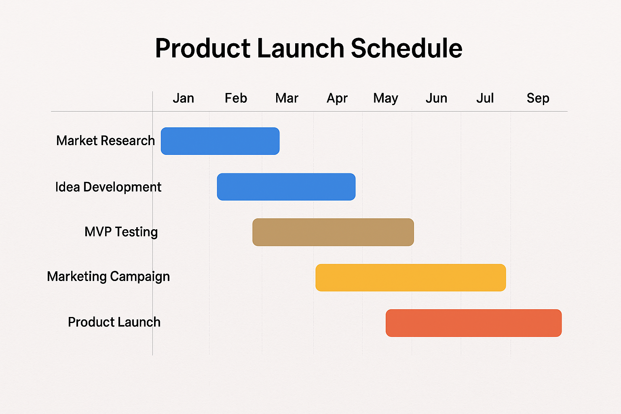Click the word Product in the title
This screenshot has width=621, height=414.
tap(203, 48)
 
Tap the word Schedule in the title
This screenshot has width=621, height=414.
tap(406, 48)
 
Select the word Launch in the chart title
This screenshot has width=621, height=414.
tap(300, 48)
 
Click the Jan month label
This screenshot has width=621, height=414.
tap(184, 98)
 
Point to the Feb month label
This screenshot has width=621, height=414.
tap(236, 98)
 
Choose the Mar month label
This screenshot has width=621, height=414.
tap(287, 98)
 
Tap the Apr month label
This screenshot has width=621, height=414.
tap(337, 99)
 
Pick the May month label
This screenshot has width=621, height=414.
tap(386, 99)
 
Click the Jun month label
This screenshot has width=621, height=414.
tap(436, 98)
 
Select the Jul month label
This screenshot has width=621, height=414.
tap(485, 98)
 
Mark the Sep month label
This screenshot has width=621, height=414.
tap(538, 99)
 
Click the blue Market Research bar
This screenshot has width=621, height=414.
tap(220, 141)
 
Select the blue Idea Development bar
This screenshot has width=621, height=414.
tap(286, 187)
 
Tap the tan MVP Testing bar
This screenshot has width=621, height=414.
tap(333, 232)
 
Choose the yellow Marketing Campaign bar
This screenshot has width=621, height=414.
tap(411, 278)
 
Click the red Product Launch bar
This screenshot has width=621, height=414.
tap(473, 323)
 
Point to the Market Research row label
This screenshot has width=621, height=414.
tap(106, 141)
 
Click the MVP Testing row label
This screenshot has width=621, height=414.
tap(121, 232)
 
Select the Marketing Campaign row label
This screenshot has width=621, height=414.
tap(108, 277)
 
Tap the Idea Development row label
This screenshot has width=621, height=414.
tap(108, 187)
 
